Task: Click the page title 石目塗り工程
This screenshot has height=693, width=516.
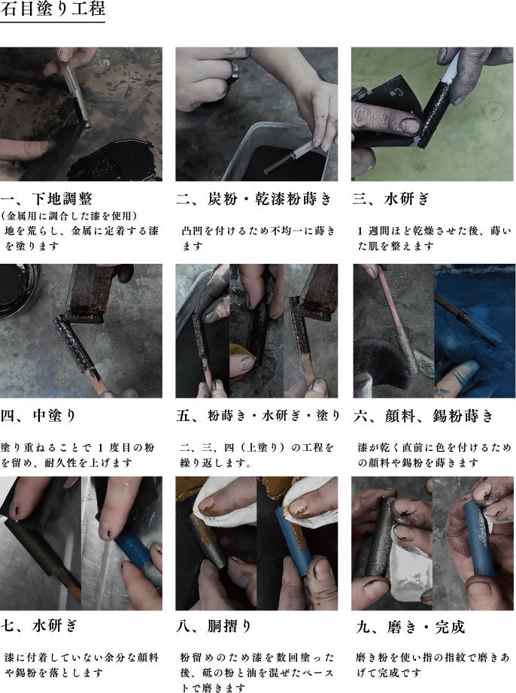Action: point(53,9)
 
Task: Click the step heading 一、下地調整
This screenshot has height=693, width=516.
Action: point(47,199)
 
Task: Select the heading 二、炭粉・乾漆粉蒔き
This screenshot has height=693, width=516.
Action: point(253,199)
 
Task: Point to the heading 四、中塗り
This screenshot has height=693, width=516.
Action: point(38,416)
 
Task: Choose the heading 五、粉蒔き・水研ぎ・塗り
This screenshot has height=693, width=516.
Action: point(258,416)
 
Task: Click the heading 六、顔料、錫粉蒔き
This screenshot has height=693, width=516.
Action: point(423,416)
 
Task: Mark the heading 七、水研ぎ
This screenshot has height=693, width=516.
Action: point(39,625)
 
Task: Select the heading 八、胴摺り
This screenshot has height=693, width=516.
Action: point(214,626)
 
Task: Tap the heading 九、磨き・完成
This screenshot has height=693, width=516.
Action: point(411,627)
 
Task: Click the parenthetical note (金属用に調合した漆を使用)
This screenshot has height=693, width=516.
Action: point(68,216)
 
